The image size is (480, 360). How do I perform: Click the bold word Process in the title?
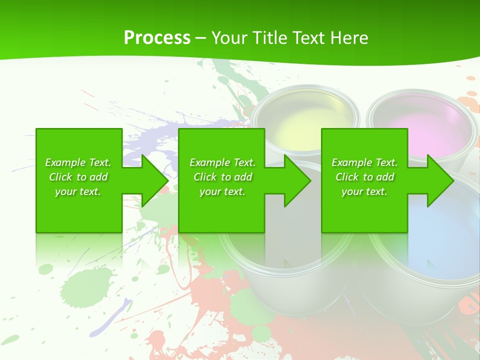coord(157,38)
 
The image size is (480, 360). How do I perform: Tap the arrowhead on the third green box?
coord(440,180)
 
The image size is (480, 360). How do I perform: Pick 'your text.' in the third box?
coord(364,191)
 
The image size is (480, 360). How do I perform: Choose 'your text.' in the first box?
coord(78,191)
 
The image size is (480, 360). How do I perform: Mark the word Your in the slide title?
coord(229,38)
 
